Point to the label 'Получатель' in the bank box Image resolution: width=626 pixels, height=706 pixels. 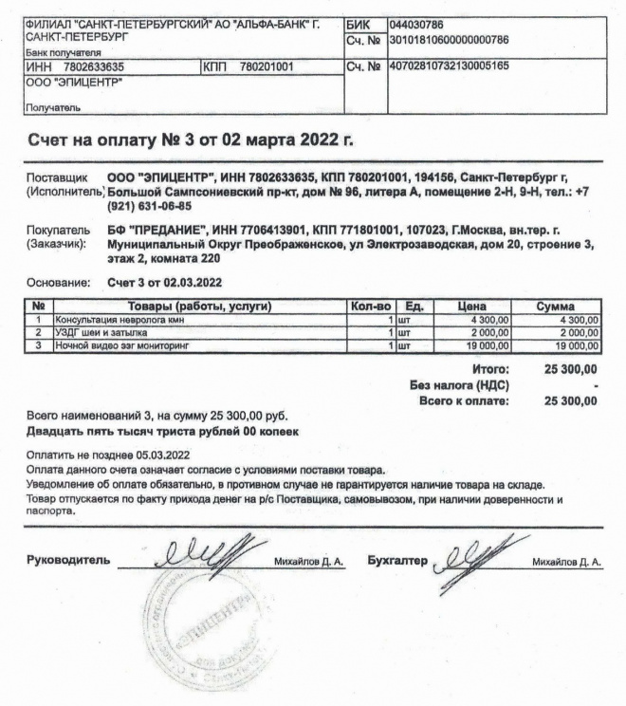pyautogui.click(x=45, y=109)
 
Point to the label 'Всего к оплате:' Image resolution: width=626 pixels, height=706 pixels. pyautogui.click(x=463, y=400)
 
